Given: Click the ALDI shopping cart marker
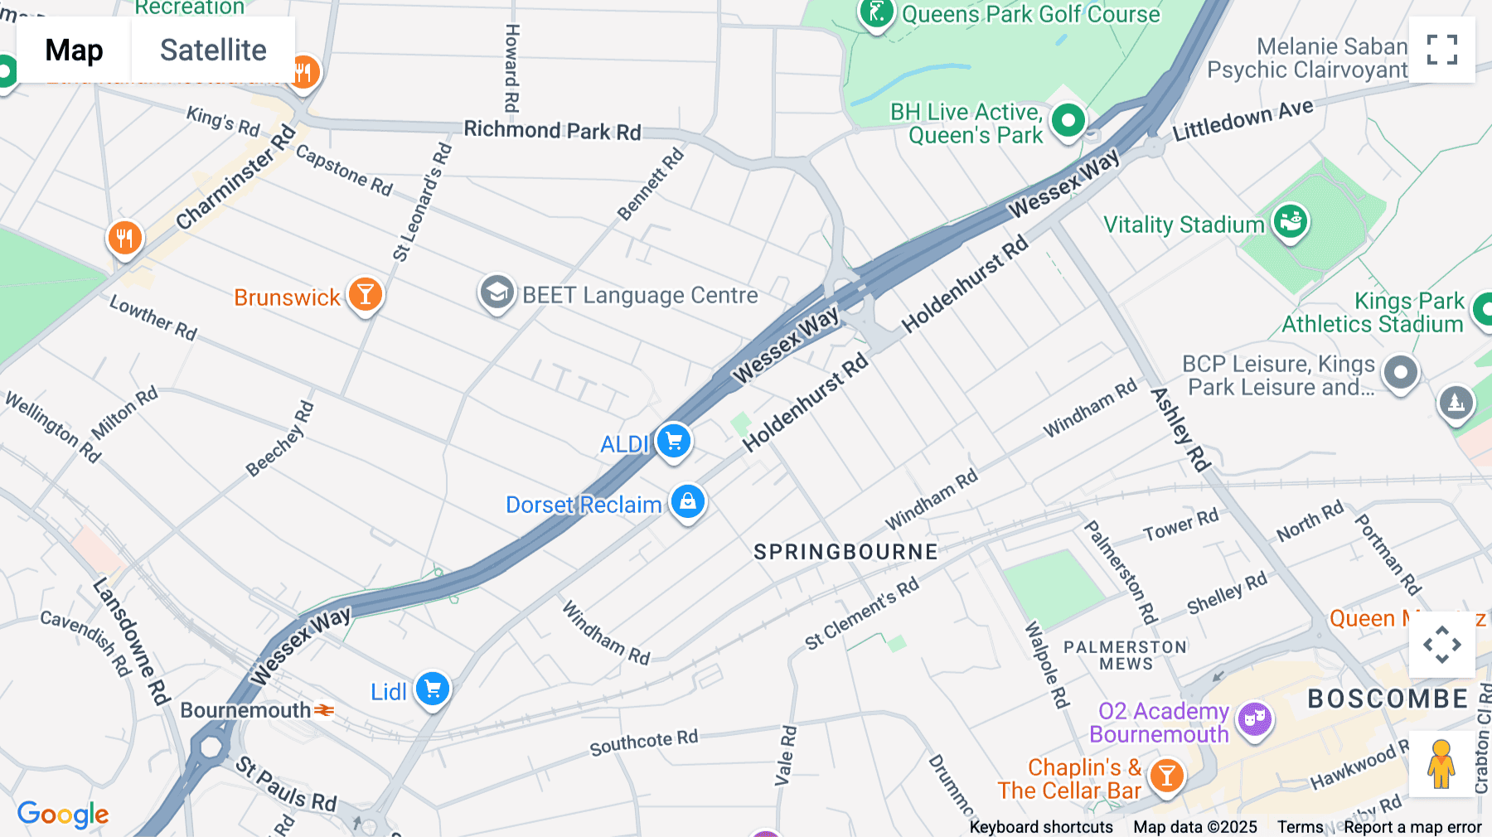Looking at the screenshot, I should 673,441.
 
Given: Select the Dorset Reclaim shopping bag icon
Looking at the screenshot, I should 687,501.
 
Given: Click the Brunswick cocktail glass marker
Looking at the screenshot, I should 365,294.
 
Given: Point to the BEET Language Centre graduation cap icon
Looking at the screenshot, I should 497,293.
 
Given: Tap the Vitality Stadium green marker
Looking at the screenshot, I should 1291,221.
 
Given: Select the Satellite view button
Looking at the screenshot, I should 213,50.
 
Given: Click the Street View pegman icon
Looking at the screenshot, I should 1441,764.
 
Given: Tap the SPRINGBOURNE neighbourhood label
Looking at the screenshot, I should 845,552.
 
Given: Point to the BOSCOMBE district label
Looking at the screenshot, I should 1388,699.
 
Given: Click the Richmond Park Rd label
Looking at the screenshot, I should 552,130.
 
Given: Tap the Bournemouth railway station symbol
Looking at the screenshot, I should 324,710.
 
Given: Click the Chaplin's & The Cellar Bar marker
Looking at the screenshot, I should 1166,776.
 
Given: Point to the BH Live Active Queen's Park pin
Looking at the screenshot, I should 1068,121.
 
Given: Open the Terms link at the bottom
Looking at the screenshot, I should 1300,827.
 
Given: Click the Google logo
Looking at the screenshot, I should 63,815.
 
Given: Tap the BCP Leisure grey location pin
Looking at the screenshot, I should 1401,372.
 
